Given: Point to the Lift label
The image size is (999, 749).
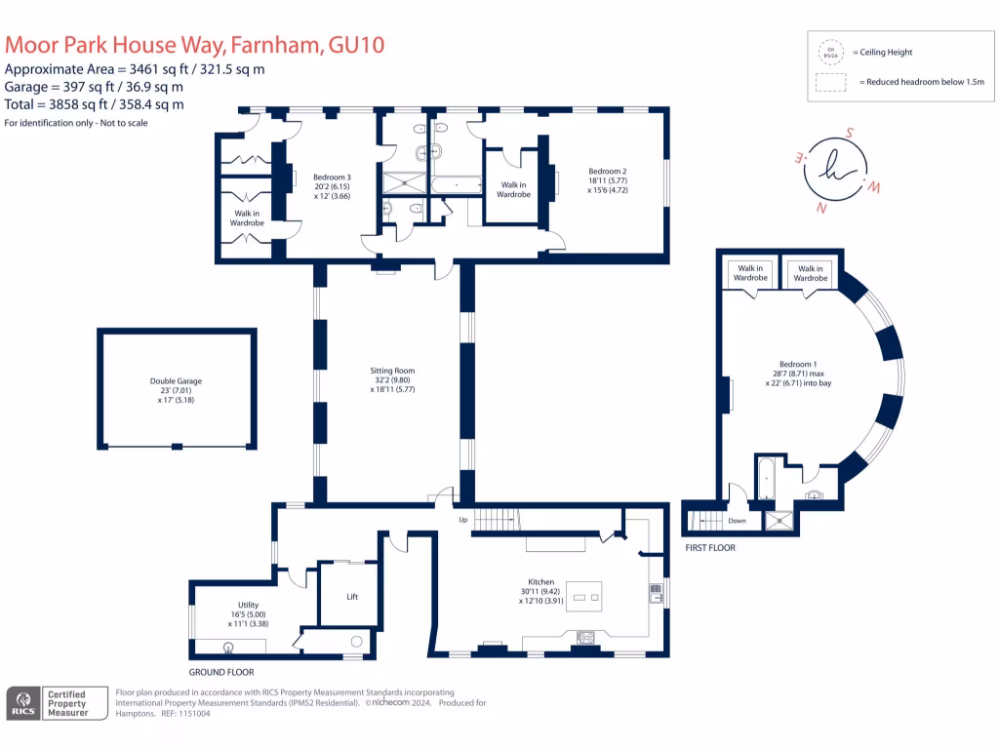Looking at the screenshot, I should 352,597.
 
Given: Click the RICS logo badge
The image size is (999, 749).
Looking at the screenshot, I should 23,703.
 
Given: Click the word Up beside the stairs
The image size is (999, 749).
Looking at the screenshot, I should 463,520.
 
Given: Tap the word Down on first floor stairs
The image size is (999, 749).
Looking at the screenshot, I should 737,521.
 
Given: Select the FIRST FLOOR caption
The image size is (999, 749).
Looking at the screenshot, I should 709,548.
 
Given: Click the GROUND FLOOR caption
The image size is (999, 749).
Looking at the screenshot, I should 221,672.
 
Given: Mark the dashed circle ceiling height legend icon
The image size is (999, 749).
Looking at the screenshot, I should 831,52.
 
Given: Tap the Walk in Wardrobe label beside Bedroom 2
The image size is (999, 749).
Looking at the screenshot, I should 514,189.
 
